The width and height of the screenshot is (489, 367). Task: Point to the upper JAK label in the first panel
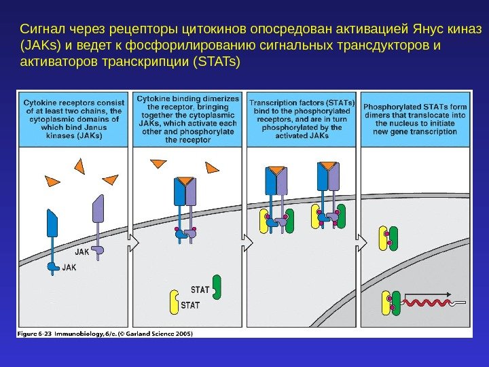pyautogui.click(x=82, y=251)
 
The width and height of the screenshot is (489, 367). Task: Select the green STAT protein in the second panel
pyautogui.click(x=217, y=287)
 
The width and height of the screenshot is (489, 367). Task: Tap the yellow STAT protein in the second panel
pyautogui.click(x=175, y=301)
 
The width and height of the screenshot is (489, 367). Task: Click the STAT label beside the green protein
pyautogui.click(x=200, y=290)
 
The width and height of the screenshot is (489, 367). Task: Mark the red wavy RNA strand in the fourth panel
pyautogui.click(x=427, y=301)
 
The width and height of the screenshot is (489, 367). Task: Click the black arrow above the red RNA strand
pyautogui.click(x=429, y=294)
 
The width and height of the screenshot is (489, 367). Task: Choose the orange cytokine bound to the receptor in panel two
pyautogui.click(x=184, y=181)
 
